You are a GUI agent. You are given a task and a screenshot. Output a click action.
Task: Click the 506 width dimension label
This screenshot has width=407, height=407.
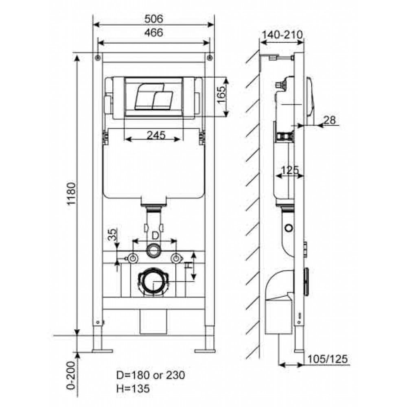point(154,19)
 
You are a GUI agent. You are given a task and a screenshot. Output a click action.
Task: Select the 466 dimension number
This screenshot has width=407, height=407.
point(154,33)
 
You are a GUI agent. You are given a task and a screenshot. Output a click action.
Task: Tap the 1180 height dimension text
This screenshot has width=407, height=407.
point(71,194)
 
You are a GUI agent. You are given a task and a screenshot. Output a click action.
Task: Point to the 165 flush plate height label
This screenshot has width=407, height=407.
point(221,94)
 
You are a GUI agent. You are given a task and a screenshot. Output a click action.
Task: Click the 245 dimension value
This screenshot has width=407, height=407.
point(156,135)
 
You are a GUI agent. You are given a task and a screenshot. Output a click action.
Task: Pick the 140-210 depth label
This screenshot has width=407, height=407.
point(282,35)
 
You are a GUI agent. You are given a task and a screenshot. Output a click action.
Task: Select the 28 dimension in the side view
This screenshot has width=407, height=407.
point(330,120)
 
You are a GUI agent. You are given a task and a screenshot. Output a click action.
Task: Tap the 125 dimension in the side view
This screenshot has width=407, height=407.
point(290,170)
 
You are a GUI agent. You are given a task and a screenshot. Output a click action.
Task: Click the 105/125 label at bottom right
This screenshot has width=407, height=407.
point(327,359)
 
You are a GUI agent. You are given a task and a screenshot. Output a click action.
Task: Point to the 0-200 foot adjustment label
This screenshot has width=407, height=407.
point(71,375)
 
